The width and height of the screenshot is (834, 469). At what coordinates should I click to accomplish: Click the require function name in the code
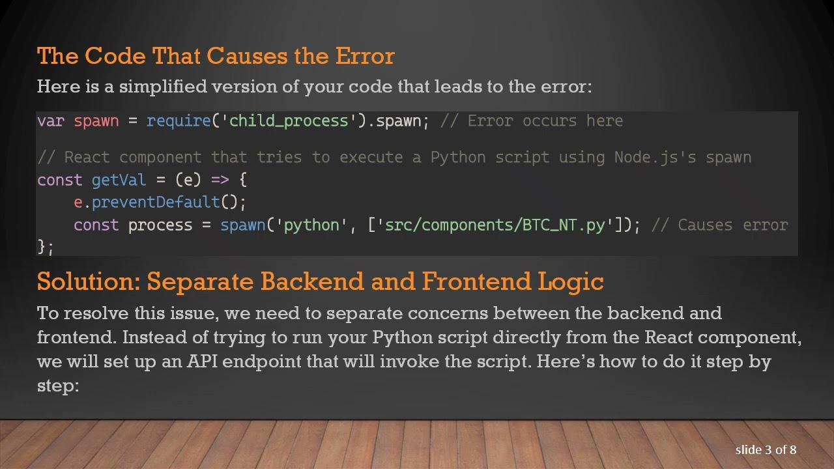[x=179, y=121]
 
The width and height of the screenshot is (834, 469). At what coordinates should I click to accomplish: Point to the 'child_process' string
[x=289, y=121]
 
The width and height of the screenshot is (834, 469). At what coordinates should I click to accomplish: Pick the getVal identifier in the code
[x=119, y=180]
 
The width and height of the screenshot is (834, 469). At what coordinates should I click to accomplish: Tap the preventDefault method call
[x=156, y=203]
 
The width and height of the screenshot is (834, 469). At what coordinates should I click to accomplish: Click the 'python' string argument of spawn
[x=311, y=225]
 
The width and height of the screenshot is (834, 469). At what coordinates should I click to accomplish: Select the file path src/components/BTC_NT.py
[x=495, y=225]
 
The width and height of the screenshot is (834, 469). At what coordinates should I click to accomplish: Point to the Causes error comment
[x=732, y=225]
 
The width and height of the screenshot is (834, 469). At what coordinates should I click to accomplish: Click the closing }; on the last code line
[x=45, y=247]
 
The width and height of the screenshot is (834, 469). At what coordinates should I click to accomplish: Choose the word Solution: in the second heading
[x=89, y=281]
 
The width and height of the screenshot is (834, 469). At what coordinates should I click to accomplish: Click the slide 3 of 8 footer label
[x=766, y=450]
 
